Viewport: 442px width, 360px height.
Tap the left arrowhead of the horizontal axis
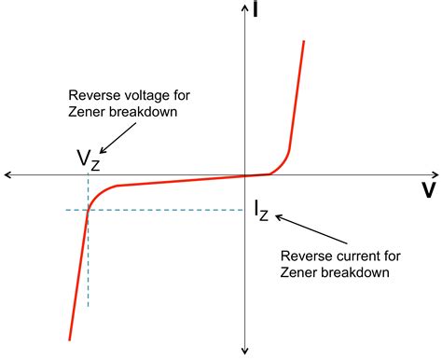(7, 174)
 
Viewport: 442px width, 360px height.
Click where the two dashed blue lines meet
(88, 210)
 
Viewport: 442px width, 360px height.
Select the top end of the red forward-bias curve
(305, 41)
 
